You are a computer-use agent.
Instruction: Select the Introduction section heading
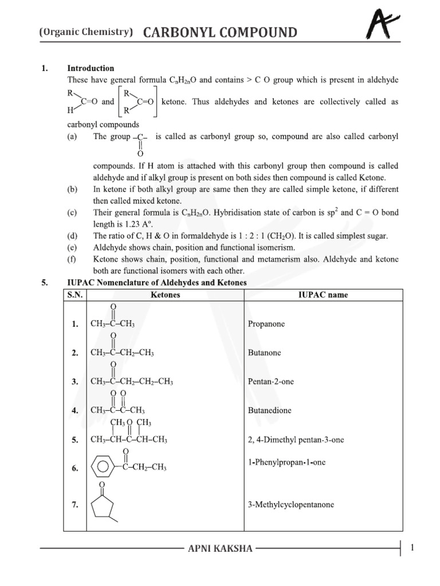[91, 68]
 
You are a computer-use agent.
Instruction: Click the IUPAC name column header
[323, 295]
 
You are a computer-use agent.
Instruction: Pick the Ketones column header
[165, 295]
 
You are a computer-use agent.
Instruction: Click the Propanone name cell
[266, 324]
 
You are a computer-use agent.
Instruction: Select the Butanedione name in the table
[270, 411]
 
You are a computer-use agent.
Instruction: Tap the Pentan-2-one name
[271, 382]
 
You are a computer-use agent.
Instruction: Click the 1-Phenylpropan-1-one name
[286, 462]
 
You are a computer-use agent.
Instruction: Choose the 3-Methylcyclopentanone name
[291, 505]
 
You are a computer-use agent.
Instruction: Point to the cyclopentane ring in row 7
[103, 506]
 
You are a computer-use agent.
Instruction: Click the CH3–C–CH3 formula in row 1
[113, 324]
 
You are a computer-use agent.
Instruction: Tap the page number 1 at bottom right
[412, 548]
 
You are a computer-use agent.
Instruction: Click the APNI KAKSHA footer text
[220, 549]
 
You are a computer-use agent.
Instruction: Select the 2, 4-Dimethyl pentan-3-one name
[296, 440]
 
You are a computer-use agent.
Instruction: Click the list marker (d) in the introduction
[72, 236]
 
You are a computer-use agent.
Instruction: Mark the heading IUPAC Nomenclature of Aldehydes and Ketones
[157, 283]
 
